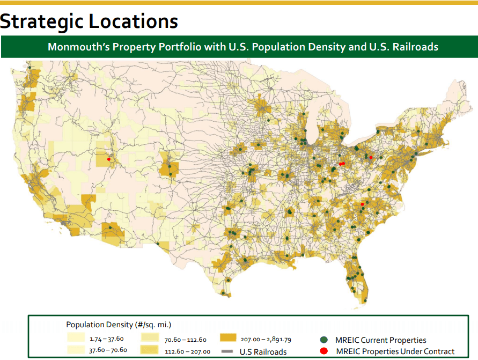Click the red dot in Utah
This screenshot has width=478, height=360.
pos(108,159)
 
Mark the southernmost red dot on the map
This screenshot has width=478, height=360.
pos(362,204)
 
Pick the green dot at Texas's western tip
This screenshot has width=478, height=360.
pos(158,244)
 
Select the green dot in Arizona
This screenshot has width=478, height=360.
pos(111,227)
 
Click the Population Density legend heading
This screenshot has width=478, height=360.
pos(118,325)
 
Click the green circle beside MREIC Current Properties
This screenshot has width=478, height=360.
pos(324,340)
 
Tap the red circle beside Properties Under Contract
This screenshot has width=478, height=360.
pos(324,351)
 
